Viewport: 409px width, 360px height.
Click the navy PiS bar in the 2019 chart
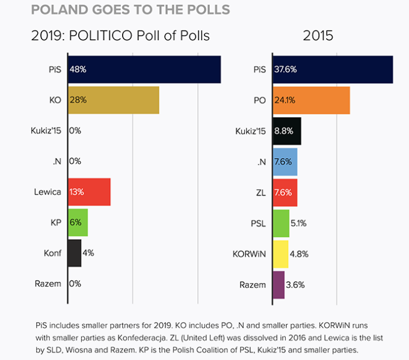[x=144, y=70]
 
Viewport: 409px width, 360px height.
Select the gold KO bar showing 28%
[x=114, y=100]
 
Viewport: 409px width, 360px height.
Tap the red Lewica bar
[x=89, y=192]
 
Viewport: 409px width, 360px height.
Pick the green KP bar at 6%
[x=78, y=222]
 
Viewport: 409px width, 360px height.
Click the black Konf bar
[x=75, y=253]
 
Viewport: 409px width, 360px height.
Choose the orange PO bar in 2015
[x=312, y=100]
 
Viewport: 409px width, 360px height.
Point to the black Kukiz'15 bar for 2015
[x=287, y=130]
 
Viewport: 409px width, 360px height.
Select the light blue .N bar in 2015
[x=285, y=161]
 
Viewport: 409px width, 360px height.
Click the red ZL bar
[x=285, y=192]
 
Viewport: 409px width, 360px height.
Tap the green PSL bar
[x=281, y=222]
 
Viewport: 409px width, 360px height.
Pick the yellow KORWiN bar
[x=281, y=253]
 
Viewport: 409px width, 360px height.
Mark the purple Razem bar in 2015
[x=278, y=284]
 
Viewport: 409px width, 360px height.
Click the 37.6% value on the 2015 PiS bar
[x=286, y=70]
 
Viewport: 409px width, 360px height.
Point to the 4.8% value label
[x=299, y=254]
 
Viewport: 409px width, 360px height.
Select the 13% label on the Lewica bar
[x=77, y=192]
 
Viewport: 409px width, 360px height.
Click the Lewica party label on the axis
[x=48, y=192]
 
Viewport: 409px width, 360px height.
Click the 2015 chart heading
[x=318, y=35]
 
